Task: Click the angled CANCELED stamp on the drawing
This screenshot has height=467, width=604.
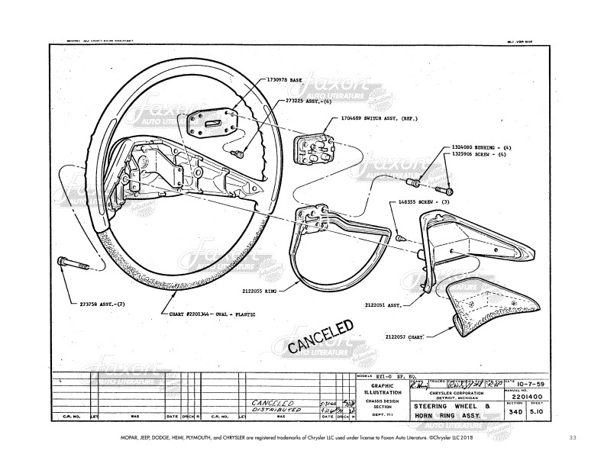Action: click(321, 337)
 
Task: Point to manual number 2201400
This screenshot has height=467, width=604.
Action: click(531, 397)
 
